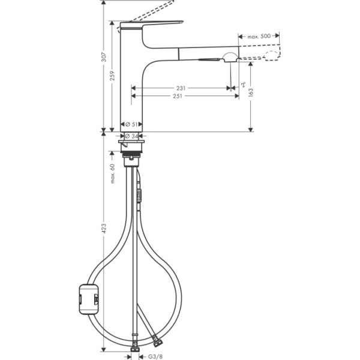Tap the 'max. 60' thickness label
tap(112, 174)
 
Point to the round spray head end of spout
tap(230, 57)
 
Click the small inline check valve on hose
tap(139, 194)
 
